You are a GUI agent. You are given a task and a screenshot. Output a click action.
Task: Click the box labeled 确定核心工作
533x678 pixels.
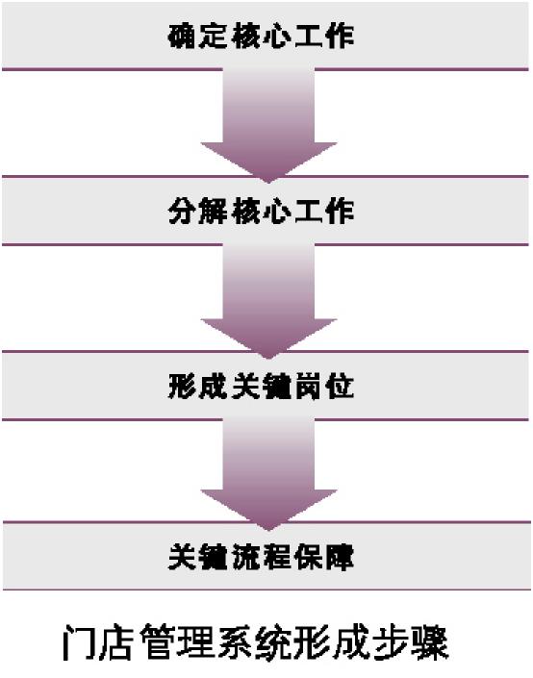point(266,36)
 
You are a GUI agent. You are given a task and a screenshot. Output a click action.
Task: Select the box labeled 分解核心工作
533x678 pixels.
point(266,211)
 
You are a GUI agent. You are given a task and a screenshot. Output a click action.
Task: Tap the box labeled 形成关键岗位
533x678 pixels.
point(266,386)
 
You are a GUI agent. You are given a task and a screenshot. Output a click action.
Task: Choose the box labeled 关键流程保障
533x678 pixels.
point(266,556)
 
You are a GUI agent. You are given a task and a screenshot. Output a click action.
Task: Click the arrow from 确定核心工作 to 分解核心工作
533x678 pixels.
point(268,125)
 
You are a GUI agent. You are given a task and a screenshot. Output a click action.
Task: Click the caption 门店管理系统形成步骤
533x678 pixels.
point(255,642)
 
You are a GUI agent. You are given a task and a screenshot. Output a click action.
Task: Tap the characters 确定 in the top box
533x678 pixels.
point(197,36)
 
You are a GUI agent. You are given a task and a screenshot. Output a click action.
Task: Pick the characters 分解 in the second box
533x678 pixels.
point(197,212)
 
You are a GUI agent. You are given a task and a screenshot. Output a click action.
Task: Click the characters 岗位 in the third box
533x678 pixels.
point(325,387)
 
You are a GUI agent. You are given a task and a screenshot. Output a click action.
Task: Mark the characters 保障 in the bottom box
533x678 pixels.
point(325,557)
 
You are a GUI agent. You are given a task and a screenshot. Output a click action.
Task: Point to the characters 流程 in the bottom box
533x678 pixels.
point(261,557)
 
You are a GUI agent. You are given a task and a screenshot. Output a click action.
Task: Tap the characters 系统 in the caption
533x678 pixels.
point(255,642)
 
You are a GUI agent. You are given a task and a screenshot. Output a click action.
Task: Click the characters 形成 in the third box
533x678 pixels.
point(197,387)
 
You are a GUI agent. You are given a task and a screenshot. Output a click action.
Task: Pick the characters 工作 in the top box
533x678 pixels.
point(325,36)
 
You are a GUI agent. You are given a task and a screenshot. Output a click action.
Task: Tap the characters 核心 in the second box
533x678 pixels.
point(261,212)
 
